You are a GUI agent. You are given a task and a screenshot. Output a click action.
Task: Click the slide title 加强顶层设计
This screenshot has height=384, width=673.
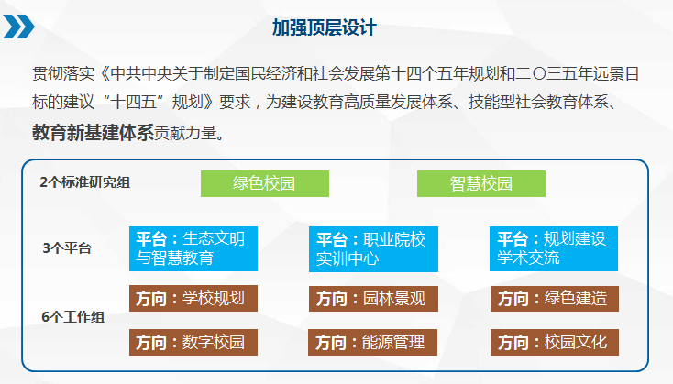325,27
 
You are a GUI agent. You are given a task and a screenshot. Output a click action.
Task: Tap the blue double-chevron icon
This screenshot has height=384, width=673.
18,27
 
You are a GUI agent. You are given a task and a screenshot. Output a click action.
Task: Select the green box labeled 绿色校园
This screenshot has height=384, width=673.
265,183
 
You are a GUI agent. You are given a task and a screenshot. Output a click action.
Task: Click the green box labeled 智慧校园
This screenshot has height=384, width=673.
481,183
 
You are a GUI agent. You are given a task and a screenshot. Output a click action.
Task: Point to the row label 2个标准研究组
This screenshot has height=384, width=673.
85,182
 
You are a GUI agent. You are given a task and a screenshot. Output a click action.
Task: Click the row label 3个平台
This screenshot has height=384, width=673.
67,248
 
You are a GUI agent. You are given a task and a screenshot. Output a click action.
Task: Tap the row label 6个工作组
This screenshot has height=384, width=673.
73,317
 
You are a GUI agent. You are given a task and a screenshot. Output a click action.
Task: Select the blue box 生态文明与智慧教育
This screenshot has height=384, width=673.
193,249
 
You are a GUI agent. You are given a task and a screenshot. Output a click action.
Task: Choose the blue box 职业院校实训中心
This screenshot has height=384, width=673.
373,249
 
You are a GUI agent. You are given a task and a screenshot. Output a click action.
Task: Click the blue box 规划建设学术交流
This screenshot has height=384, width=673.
554,249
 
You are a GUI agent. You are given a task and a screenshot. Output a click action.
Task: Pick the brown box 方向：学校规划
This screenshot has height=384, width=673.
193,298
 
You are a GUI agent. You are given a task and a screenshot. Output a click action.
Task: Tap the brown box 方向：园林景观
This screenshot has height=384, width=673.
373,299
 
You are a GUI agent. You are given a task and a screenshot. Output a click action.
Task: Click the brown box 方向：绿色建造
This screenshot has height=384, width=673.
555,299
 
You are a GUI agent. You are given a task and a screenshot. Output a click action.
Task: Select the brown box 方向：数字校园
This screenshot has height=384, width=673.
193,343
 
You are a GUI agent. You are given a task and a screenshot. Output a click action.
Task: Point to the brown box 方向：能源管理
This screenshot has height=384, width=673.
372,343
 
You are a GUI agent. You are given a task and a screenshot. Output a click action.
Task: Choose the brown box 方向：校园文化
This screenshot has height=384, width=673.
555,343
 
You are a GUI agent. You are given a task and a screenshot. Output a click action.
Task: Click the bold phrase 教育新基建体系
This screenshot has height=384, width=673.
93,133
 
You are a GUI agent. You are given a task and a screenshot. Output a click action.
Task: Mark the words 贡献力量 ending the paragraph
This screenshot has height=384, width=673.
185,134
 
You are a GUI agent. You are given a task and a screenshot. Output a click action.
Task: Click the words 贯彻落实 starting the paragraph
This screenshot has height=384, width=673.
63,74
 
